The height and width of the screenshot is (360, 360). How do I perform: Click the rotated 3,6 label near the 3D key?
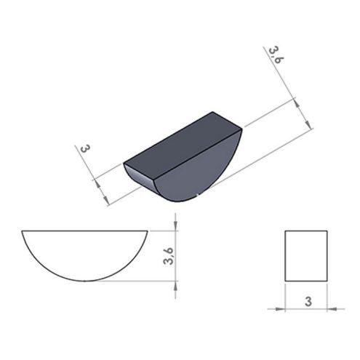276,55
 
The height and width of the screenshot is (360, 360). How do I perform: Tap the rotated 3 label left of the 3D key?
84,148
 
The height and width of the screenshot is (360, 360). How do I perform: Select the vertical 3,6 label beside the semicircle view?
169,256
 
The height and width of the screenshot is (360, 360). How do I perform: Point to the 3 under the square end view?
308,302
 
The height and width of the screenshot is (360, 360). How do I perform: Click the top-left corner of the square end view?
285,231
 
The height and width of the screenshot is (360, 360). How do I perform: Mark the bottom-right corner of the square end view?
327,281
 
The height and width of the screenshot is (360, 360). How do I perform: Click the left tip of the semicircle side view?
22,231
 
